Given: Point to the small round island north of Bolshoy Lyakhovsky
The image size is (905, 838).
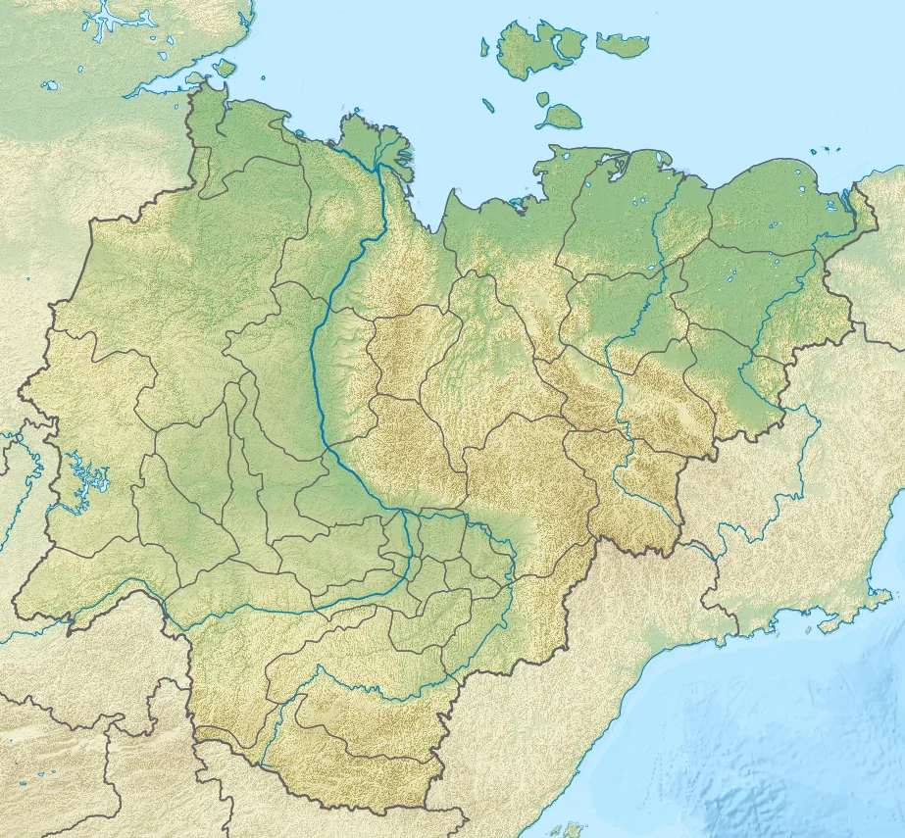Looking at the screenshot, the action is (543, 98).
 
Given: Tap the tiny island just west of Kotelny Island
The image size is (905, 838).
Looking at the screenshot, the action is (484, 46).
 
